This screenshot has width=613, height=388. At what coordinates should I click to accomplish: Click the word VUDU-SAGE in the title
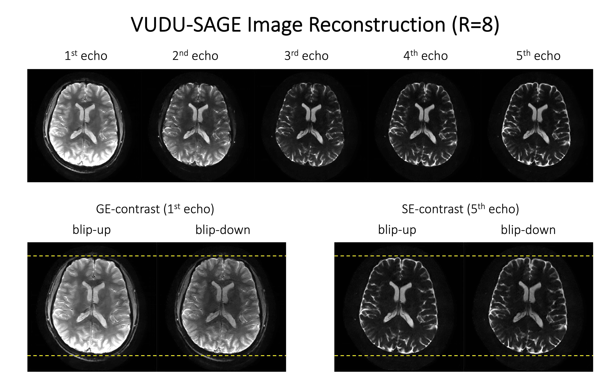(x=186, y=25)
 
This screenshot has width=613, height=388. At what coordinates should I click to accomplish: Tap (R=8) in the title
(x=476, y=25)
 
